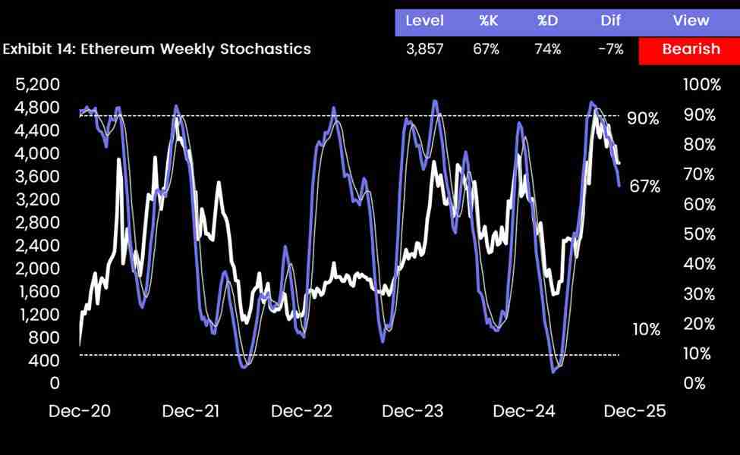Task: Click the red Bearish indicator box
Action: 690,49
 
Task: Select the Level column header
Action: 424,20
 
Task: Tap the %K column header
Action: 487,20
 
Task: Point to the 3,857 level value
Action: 424,49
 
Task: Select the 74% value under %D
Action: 546,49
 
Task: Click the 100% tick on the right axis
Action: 701,85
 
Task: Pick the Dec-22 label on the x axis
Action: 301,412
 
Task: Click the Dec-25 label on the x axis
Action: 634,412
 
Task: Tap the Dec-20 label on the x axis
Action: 79,412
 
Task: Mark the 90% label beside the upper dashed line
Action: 643,118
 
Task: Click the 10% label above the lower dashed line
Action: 646,329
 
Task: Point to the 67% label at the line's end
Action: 645,187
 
